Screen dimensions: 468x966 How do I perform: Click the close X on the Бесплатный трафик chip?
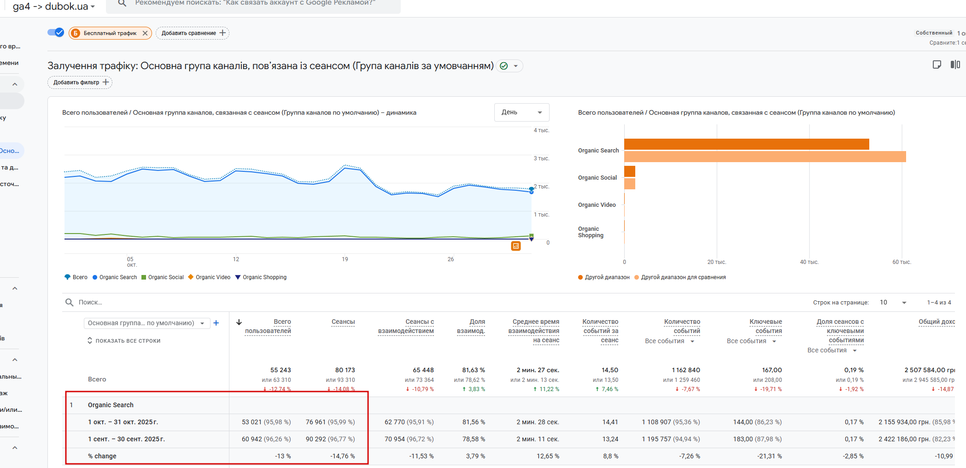[x=145, y=33]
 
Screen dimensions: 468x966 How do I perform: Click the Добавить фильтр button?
[x=80, y=82]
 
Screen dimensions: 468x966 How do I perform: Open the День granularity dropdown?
[x=521, y=112]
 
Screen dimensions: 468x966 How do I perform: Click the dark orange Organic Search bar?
[x=746, y=144]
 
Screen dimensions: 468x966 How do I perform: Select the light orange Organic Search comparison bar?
[x=765, y=157]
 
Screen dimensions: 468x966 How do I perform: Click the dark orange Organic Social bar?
[x=630, y=171]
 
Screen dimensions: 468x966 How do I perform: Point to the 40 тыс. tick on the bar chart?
[x=809, y=262]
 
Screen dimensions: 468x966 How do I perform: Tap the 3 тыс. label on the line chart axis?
[x=541, y=158]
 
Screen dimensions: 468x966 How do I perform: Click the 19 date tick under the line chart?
[x=345, y=259]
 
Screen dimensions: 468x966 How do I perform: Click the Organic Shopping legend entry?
[x=261, y=277]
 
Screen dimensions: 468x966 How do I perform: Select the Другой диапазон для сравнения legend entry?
[x=680, y=277]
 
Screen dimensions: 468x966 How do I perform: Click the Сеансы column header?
[x=343, y=322]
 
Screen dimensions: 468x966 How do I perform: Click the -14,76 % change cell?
[x=342, y=456]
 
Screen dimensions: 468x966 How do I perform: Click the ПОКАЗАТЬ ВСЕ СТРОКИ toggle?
[x=124, y=341]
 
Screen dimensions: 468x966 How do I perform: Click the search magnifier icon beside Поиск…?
[x=70, y=302]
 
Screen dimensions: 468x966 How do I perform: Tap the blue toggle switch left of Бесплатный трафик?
[x=56, y=33]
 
